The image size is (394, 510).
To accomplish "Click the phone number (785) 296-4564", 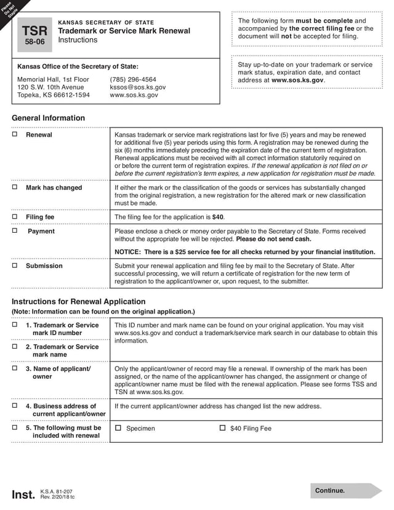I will click(x=133, y=79).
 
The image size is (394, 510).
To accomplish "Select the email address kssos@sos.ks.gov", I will click(x=137, y=87).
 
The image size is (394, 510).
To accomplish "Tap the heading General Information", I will click(x=49, y=118).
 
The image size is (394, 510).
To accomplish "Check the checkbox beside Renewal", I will click(x=15, y=134).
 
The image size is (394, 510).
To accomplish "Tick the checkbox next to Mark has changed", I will click(x=15, y=187).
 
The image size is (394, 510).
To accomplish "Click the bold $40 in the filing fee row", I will click(x=218, y=217).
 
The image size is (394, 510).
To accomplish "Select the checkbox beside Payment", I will click(x=15, y=231).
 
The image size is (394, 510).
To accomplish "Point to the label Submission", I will click(x=44, y=266).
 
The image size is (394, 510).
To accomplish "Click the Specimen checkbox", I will click(x=118, y=428).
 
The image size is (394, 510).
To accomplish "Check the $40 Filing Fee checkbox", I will click(x=222, y=428).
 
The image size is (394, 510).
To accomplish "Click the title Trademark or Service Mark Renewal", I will click(x=124, y=31).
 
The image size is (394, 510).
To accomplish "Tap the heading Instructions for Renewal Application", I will click(x=79, y=302).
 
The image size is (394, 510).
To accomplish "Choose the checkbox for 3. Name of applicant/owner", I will click(x=15, y=368).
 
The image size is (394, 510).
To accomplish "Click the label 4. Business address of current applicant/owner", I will click(x=65, y=410).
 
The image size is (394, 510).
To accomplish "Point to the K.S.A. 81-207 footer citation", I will click(x=57, y=492).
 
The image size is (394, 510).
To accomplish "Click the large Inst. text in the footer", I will click(x=24, y=495).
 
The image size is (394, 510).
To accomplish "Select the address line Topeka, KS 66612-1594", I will click(x=54, y=95).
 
